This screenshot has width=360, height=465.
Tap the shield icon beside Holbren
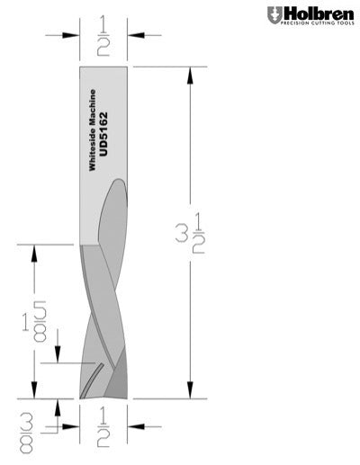coord(274,14)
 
